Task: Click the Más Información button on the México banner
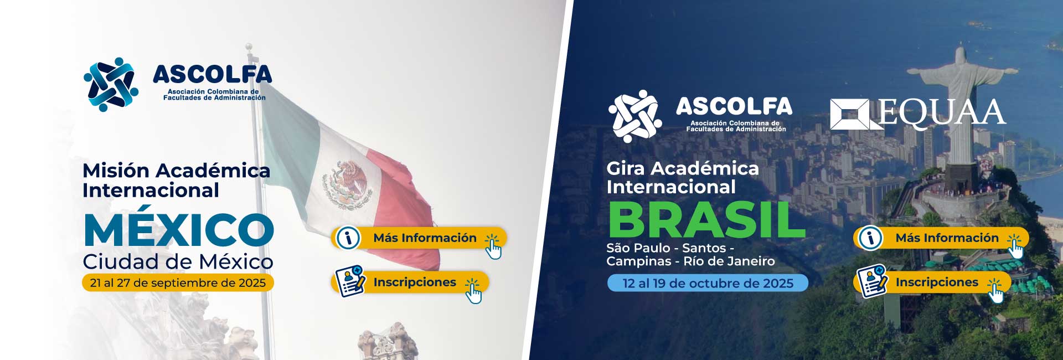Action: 419,238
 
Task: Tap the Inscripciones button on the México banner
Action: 410,282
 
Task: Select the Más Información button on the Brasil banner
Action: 941,238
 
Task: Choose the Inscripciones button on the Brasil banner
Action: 932,282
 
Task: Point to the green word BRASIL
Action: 706,220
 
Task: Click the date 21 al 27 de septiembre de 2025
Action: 178,283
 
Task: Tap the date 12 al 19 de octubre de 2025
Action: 708,283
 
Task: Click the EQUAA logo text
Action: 942,113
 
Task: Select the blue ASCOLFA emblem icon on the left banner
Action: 111,84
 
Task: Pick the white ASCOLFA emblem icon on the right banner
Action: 635,116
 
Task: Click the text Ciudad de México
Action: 178,261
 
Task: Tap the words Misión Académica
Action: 176,171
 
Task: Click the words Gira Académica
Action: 683,168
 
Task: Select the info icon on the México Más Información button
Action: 348,238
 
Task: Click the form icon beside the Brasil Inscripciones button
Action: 872,282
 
